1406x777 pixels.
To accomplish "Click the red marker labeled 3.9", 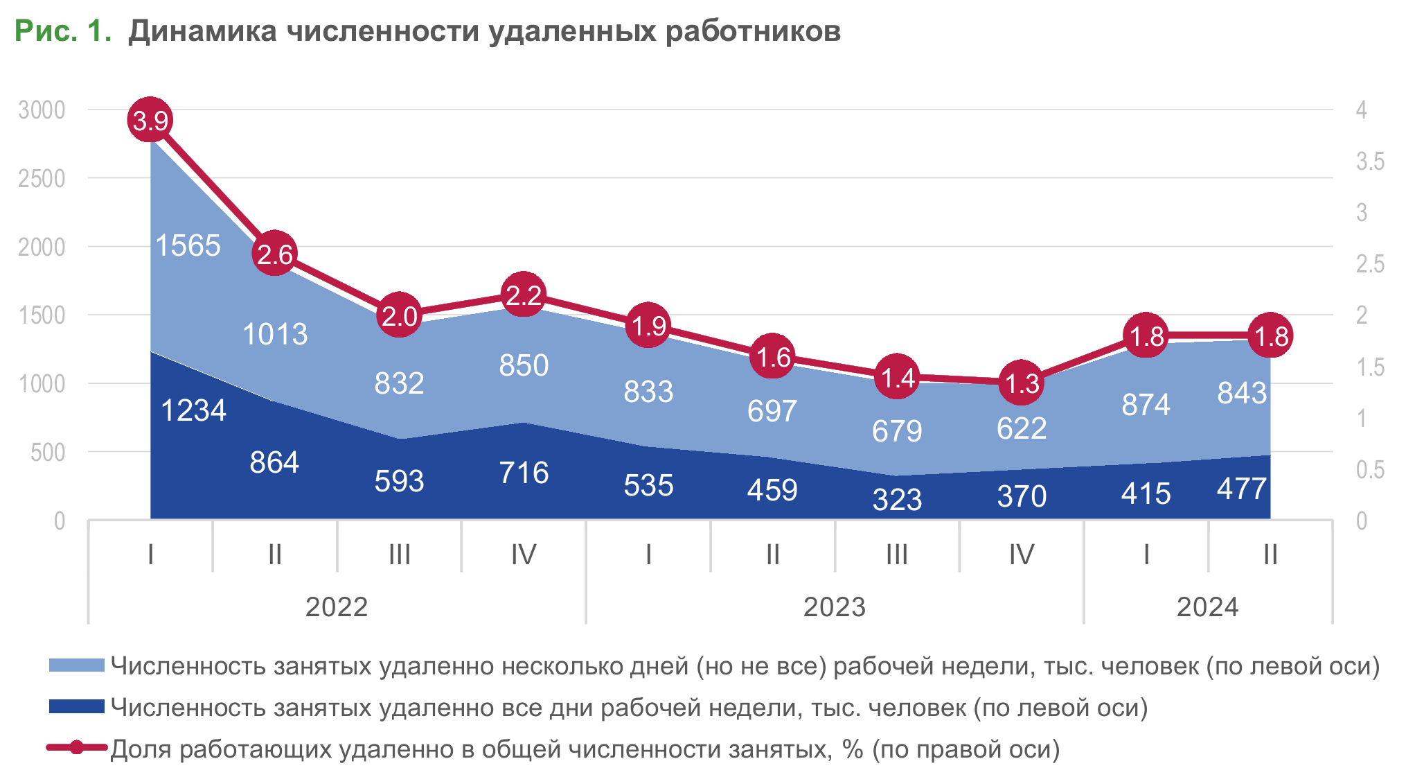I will click(150, 120).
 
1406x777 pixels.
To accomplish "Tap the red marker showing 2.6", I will click(274, 254).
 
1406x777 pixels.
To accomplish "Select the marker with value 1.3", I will click(1021, 383).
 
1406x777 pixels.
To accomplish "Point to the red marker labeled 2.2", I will click(523, 295).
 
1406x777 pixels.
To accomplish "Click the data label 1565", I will click(188, 245).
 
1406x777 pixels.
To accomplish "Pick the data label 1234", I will click(193, 410).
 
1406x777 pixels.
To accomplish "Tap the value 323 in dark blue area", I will click(897, 500).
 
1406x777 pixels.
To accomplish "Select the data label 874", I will click(1146, 405).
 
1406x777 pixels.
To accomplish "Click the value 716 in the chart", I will click(524, 473).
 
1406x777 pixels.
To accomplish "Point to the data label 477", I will click(1242, 489).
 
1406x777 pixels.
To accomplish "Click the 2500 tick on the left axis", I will click(42, 178).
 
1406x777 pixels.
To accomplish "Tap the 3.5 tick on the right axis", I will click(1369, 161).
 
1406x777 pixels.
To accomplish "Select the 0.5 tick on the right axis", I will click(1369, 470).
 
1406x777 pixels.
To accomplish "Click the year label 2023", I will click(834, 607).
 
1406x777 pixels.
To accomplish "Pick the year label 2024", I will click(1207, 607).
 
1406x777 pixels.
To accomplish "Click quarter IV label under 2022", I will click(523, 555).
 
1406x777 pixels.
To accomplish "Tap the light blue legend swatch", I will click(76, 665).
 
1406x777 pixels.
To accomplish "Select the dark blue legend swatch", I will click(76, 707).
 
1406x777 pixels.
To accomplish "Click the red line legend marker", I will click(76, 748).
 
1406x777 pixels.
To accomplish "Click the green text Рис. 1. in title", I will click(63, 31).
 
